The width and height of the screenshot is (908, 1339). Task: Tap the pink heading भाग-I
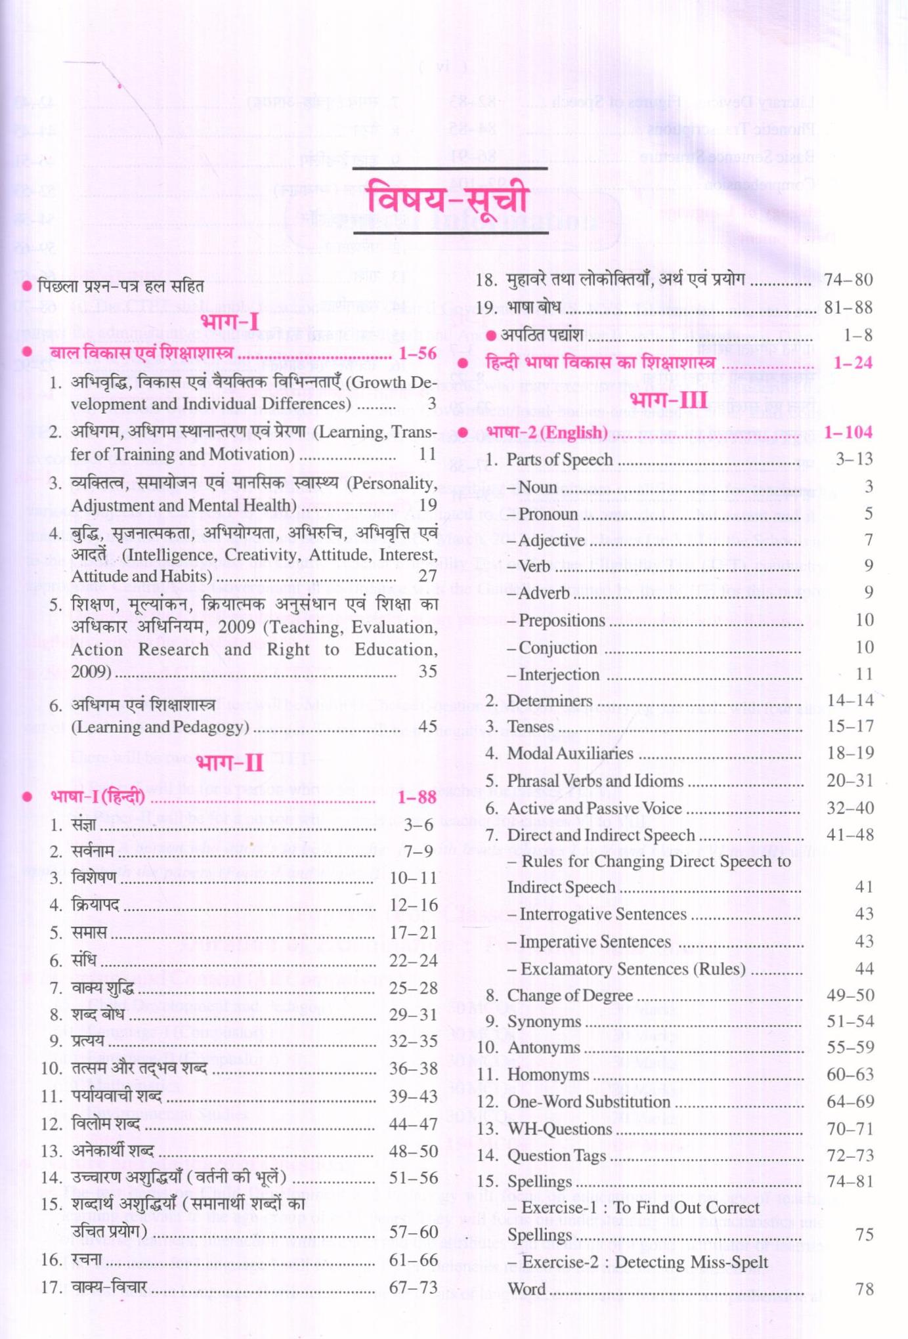click(x=230, y=322)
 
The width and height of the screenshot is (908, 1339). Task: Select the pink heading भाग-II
click(x=230, y=763)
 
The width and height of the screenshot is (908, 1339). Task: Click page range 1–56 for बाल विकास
click(x=418, y=353)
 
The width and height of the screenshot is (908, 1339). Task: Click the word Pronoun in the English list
click(x=549, y=514)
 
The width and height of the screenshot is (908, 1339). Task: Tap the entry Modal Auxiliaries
click(x=570, y=754)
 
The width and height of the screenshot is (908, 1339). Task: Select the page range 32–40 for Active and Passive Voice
click(x=850, y=808)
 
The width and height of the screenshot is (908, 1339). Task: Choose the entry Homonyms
click(x=548, y=1074)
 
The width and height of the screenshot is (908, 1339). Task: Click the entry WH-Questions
click(x=559, y=1129)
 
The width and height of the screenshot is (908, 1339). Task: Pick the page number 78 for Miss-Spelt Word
click(x=865, y=1289)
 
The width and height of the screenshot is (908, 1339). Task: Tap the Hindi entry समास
click(x=89, y=933)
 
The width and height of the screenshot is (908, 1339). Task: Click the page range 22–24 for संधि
click(x=413, y=960)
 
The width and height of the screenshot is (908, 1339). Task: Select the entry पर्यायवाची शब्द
click(x=116, y=1096)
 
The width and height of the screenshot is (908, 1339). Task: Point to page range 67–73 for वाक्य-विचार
click(x=413, y=1287)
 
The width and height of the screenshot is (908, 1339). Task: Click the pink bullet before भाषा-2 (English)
click(x=462, y=433)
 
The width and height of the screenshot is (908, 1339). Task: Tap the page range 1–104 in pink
click(x=848, y=432)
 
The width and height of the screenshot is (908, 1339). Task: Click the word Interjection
click(x=559, y=675)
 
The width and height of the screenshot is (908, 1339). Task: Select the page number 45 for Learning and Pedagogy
click(x=427, y=726)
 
